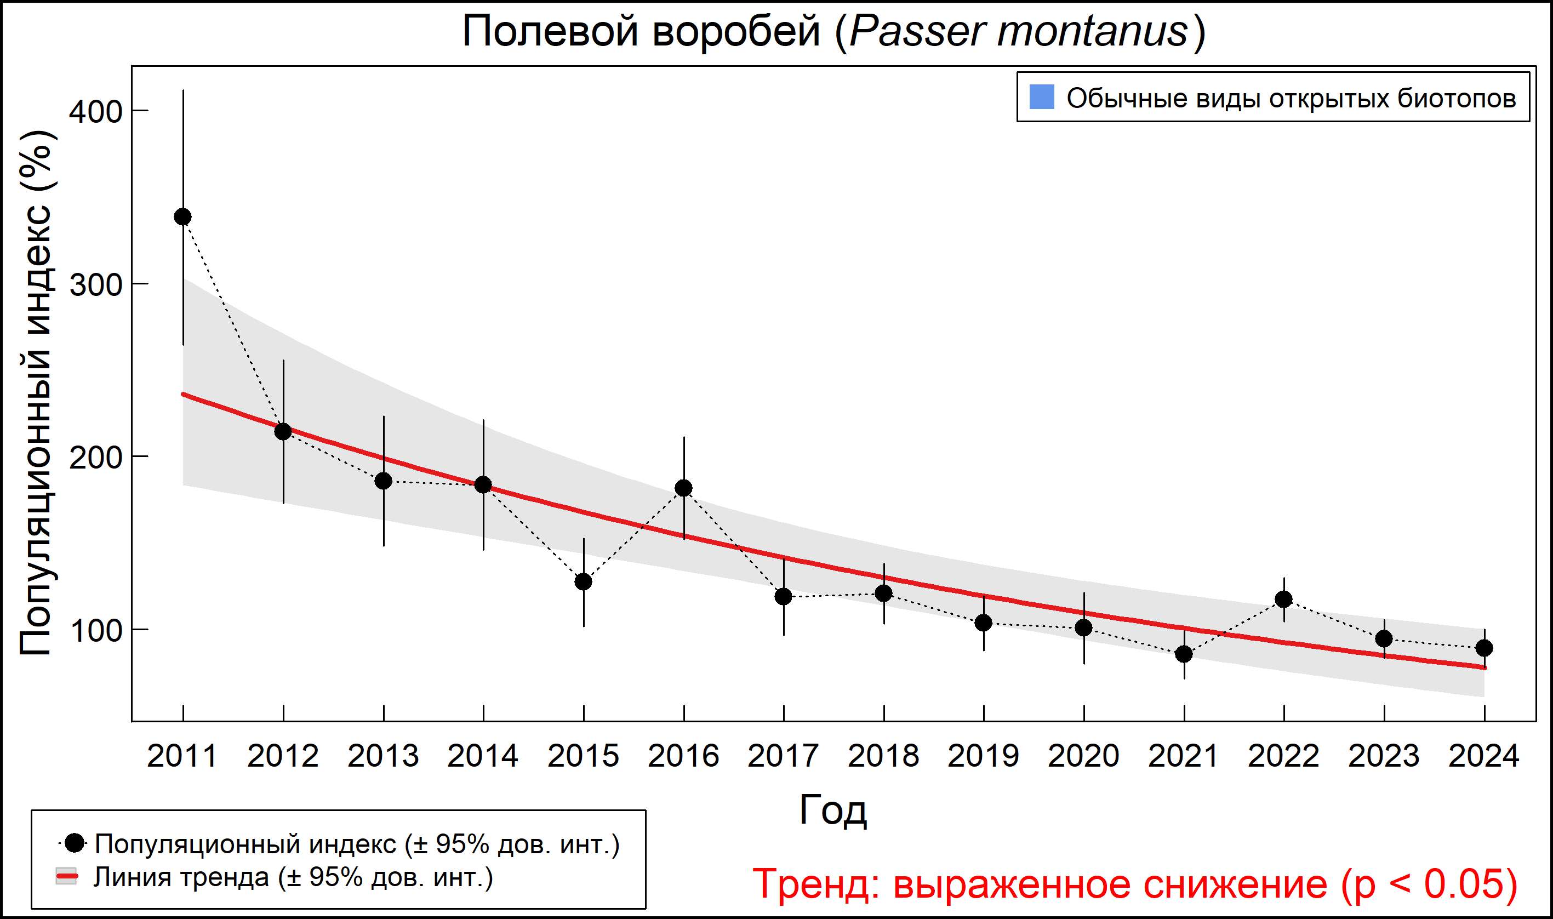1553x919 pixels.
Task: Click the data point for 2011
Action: point(182,217)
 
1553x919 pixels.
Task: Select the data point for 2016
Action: point(684,488)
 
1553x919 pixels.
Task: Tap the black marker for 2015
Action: point(583,581)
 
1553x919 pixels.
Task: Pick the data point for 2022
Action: point(1283,599)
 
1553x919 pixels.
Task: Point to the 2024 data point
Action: point(1483,648)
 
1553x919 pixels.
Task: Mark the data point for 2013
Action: point(383,481)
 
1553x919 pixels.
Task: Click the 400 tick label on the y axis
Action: point(95,112)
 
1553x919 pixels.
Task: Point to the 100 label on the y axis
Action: point(95,631)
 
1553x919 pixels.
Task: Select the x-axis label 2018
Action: point(883,756)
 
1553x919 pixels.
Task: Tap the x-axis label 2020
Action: point(1083,756)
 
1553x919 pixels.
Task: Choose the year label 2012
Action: point(283,756)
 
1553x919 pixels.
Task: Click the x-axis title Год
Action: point(833,810)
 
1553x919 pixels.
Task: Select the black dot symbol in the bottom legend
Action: point(75,843)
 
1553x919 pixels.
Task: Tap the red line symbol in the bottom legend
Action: point(66,877)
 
